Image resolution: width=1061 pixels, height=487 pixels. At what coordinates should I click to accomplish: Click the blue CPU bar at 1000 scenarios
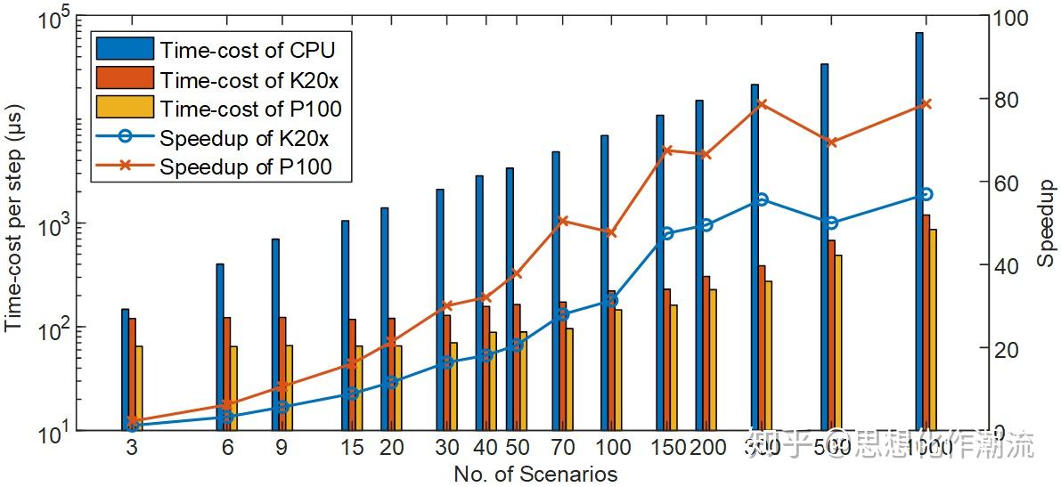(x=918, y=231)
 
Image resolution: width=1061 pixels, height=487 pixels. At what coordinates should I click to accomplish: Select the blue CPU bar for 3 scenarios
(x=126, y=369)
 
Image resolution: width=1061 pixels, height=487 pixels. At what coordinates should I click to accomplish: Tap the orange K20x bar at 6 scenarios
(x=227, y=374)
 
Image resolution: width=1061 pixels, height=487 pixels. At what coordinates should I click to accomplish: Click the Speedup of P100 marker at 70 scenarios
(x=562, y=221)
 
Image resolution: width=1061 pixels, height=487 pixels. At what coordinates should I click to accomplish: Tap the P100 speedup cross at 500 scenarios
(x=831, y=142)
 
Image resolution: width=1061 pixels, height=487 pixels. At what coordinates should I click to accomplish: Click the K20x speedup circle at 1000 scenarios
(x=926, y=194)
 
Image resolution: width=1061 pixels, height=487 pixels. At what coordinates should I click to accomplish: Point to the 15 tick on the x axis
(x=352, y=449)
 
